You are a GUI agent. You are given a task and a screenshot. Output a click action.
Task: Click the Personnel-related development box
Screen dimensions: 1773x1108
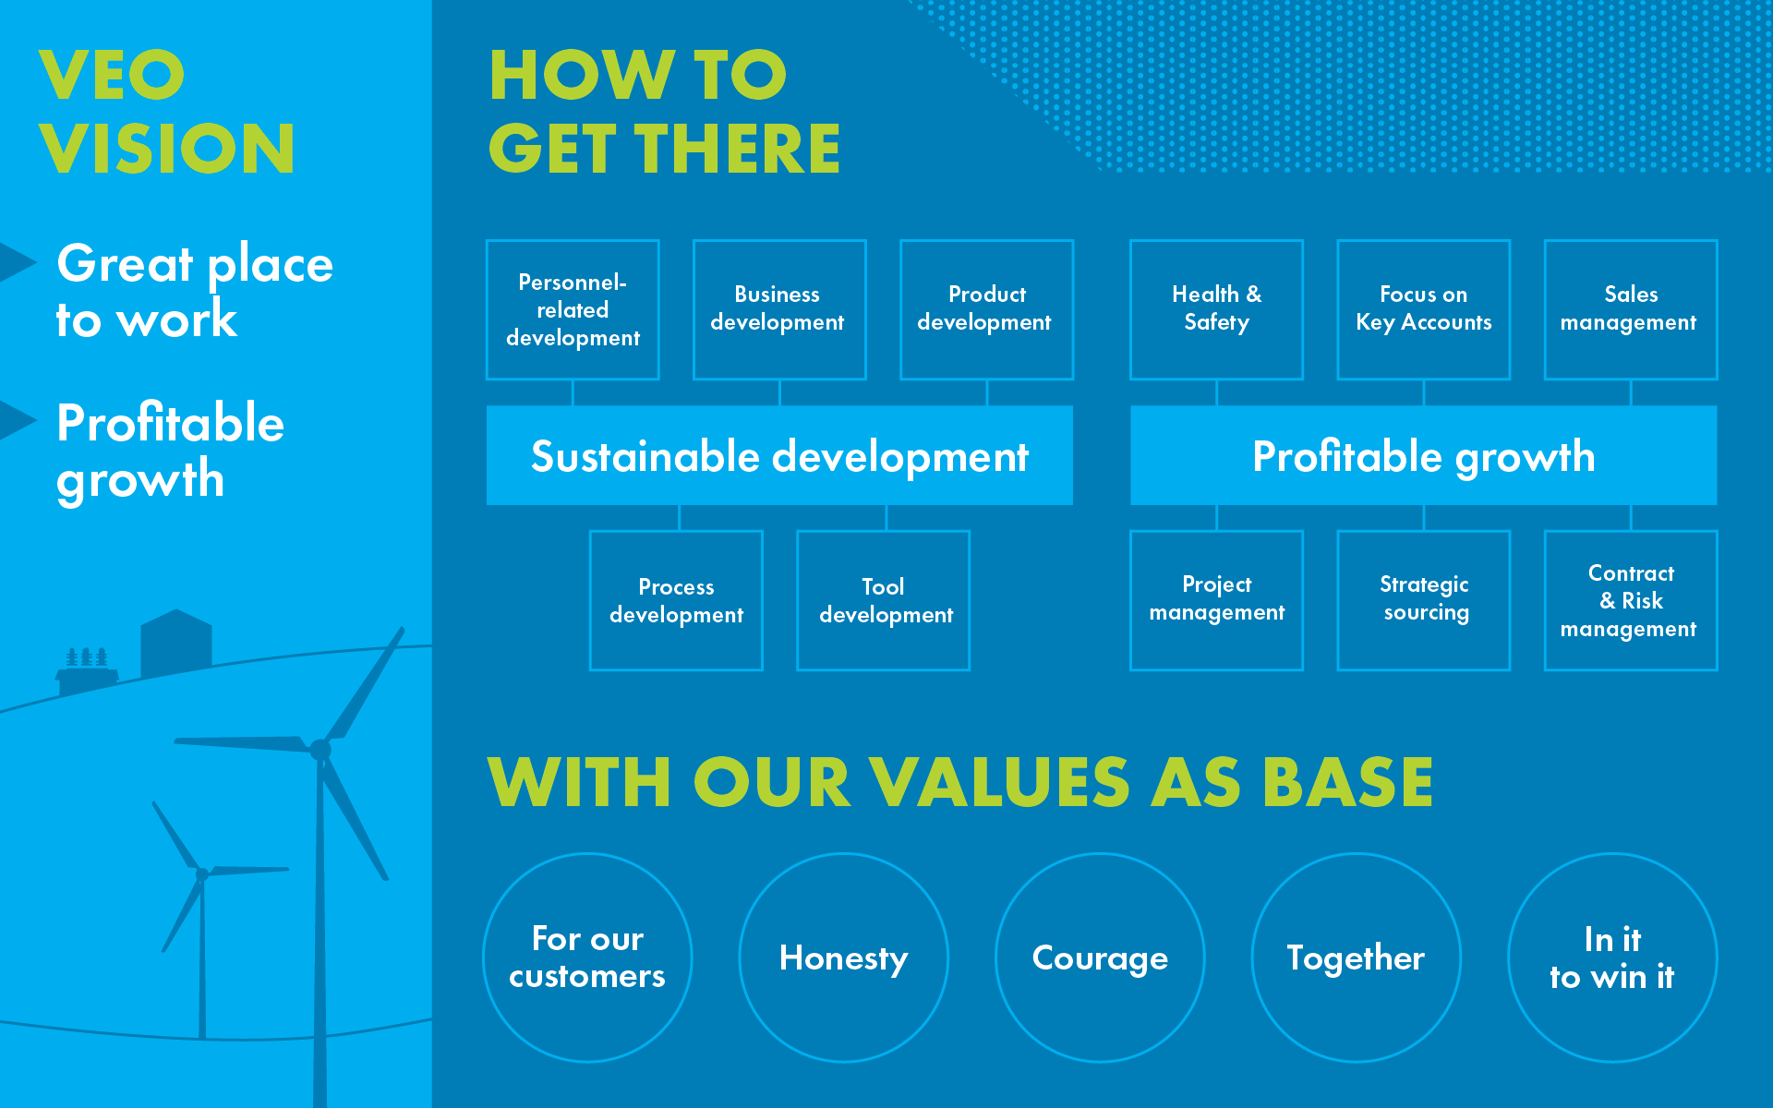[573, 309]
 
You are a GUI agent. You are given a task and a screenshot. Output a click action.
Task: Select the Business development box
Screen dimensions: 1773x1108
[779, 309]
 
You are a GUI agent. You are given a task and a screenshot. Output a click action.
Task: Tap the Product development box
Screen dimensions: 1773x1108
[986, 309]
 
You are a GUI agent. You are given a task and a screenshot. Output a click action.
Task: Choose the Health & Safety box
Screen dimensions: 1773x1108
[1216, 309]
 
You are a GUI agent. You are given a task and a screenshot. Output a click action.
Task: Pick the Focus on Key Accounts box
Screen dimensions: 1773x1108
[1423, 309]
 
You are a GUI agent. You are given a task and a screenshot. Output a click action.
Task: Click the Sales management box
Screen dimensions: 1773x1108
[1631, 309]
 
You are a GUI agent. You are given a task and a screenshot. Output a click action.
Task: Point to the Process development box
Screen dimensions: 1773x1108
[676, 600]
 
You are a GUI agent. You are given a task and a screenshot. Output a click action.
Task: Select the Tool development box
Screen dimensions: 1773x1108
[883, 600]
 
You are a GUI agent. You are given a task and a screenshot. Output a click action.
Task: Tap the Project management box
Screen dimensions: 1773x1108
[1216, 600]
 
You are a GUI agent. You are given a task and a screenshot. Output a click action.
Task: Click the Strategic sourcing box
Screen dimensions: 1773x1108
[1423, 600]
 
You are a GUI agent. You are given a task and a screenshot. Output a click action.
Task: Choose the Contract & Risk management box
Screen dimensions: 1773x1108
[1631, 600]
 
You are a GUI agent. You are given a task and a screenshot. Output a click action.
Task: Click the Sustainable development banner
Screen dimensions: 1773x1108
[779, 455]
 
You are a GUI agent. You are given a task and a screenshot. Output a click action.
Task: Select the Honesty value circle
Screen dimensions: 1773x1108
[843, 957]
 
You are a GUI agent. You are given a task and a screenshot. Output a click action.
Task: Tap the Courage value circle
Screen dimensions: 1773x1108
[1100, 957]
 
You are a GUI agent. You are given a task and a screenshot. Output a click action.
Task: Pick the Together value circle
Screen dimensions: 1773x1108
[1356, 957]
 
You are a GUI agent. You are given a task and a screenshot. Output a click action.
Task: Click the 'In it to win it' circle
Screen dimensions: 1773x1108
[1612, 957]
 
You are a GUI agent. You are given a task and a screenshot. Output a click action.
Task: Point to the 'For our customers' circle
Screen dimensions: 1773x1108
[587, 957]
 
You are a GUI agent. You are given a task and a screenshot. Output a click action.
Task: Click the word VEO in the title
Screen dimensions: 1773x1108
[112, 75]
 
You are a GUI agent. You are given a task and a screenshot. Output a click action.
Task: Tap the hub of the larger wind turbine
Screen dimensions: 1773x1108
[320, 750]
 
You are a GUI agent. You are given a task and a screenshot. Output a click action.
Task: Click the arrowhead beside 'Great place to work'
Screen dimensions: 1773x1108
[18, 262]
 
